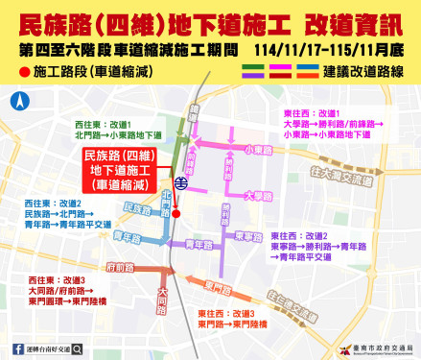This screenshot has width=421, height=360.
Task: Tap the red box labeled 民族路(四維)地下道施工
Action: point(118,169)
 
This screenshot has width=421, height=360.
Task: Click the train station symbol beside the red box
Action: point(179,179)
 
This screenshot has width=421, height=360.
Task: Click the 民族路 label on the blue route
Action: point(138,208)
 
